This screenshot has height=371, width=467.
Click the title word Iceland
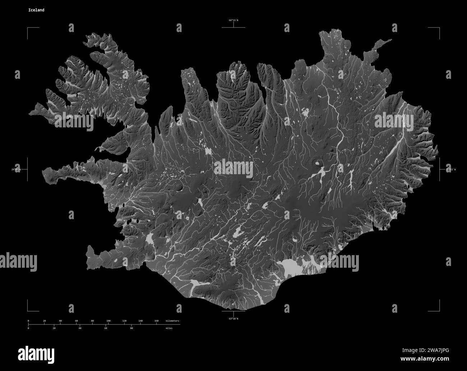(36, 10)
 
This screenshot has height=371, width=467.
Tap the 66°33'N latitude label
(233, 21)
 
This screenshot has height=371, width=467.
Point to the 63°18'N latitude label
(233, 318)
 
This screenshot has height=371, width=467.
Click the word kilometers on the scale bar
(172, 320)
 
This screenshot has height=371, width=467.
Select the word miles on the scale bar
(169, 328)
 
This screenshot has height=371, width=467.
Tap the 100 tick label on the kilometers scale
(108, 320)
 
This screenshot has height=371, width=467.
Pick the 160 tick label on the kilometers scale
(157, 320)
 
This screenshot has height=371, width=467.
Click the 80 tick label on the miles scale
(131, 328)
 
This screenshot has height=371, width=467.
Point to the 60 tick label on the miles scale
(106, 328)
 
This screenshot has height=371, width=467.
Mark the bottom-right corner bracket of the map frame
(439, 311)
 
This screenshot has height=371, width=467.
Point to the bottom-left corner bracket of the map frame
(28, 311)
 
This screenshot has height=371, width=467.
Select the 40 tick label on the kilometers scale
(60, 320)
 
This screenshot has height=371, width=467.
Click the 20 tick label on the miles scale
(54, 328)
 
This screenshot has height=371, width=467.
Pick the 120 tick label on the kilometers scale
(124, 320)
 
